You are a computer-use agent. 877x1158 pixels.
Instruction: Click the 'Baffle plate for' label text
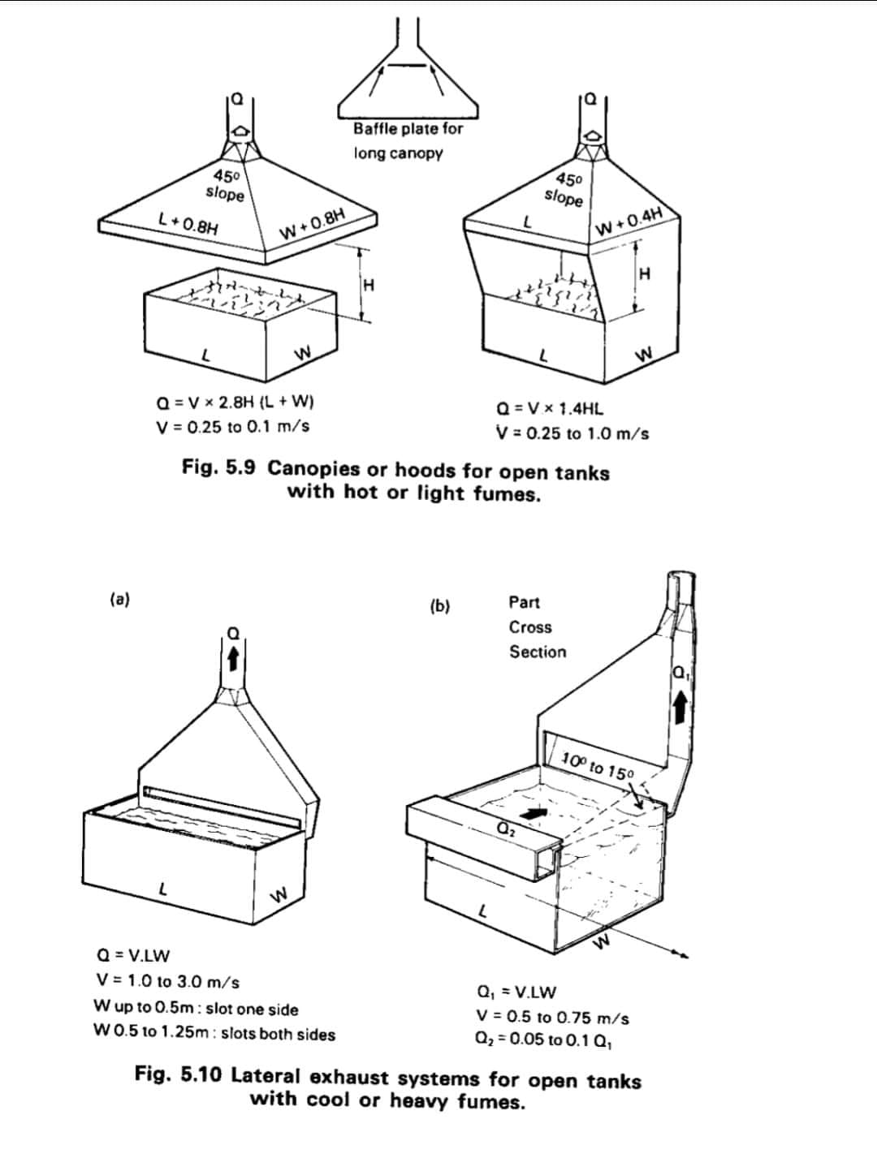click(x=408, y=129)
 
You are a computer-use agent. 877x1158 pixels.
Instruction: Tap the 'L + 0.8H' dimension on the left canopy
click(x=189, y=222)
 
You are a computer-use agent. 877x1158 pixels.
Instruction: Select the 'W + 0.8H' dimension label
click(x=312, y=224)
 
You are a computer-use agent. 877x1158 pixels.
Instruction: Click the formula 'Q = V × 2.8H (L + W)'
click(x=235, y=403)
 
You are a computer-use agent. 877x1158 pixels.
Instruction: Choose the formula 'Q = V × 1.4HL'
click(x=550, y=409)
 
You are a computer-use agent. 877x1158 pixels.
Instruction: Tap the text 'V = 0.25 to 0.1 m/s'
click(x=233, y=426)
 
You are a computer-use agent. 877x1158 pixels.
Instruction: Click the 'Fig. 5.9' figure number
click(x=218, y=467)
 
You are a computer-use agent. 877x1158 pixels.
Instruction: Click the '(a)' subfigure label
click(x=120, y=599)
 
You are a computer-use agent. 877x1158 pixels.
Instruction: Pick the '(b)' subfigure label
click(x=440, y=606)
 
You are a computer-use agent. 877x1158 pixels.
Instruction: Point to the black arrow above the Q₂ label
click(x=533, y=813)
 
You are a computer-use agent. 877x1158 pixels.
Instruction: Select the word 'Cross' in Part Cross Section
click(x=530, y=627)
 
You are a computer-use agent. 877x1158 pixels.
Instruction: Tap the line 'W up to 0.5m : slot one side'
click(x=196, y=1007)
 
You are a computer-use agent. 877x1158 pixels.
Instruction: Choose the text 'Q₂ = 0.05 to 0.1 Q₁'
click(x=543, y=1040)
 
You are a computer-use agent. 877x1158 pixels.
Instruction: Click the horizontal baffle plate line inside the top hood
click(x=406, y=66)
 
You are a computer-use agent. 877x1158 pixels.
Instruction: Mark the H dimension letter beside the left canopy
click(x=369, y=286)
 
